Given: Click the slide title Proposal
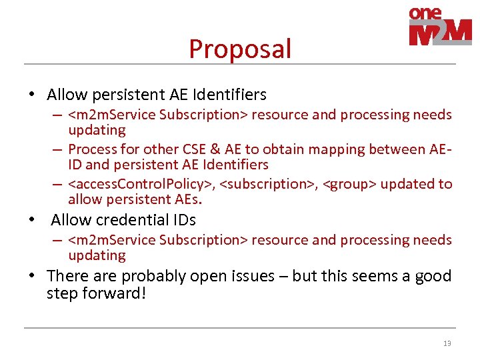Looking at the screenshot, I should pyautogui.click(x=240, y=49).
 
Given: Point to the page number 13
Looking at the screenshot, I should pyautogui.click(x=447, y=343).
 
